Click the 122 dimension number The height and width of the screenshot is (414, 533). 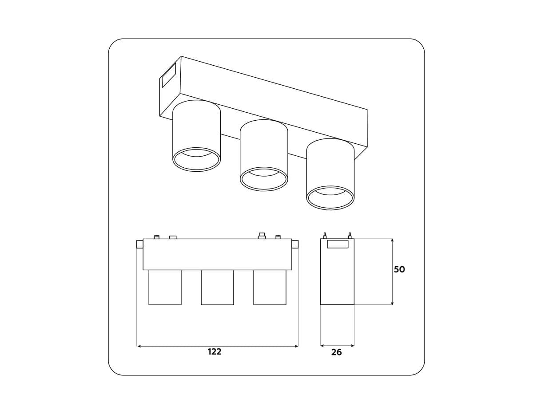pos(215,351)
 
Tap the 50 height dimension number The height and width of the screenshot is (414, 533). pos(399,269)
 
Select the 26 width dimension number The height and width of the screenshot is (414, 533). pos(337,352)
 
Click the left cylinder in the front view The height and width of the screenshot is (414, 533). pos(165,288)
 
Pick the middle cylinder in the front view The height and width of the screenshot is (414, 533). pos(217,288)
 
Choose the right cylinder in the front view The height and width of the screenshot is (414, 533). pos(270,288)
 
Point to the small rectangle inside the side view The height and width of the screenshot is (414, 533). pos(338,244)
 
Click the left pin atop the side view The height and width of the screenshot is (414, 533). pos(325,236)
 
